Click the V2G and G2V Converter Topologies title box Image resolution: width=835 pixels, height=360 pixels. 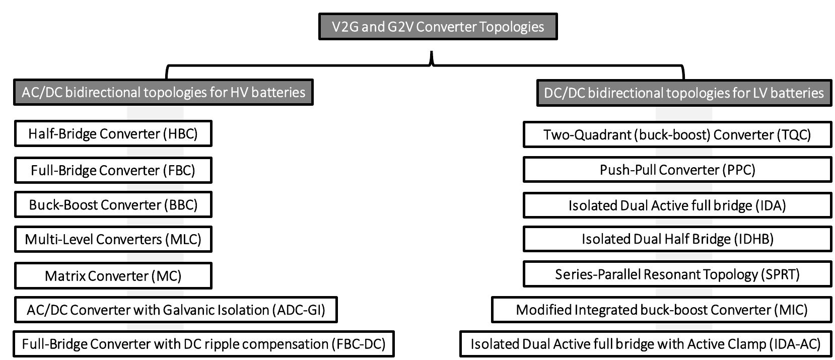(438, 27)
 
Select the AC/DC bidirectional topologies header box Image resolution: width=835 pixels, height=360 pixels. (163, 92)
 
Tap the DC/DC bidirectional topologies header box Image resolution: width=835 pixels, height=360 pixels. (683, 93)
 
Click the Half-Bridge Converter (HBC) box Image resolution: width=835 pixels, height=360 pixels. (113, 133)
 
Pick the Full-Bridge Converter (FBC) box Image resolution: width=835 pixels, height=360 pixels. (113, 170)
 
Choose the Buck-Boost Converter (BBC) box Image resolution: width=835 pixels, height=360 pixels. (113, 204)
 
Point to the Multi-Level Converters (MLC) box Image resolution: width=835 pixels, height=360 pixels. (113, 239)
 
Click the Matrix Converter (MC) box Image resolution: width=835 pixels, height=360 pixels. (113, 276)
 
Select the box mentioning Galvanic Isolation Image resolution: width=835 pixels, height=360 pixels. (175, 310)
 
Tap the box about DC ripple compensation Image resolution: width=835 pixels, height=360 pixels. (203, 344)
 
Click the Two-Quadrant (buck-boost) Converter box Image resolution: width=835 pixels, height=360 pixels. (677, 134)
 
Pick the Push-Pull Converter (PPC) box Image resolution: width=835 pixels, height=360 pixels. (677, 170)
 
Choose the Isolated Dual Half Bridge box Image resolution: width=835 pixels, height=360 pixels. (677, 239)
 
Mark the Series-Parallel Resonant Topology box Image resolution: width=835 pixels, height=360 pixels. (677, 274)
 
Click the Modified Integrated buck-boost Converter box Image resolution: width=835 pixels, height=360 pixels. (661, 310)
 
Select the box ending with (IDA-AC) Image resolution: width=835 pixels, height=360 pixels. (645, 344)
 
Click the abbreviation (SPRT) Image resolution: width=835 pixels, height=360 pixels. (780, 274)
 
